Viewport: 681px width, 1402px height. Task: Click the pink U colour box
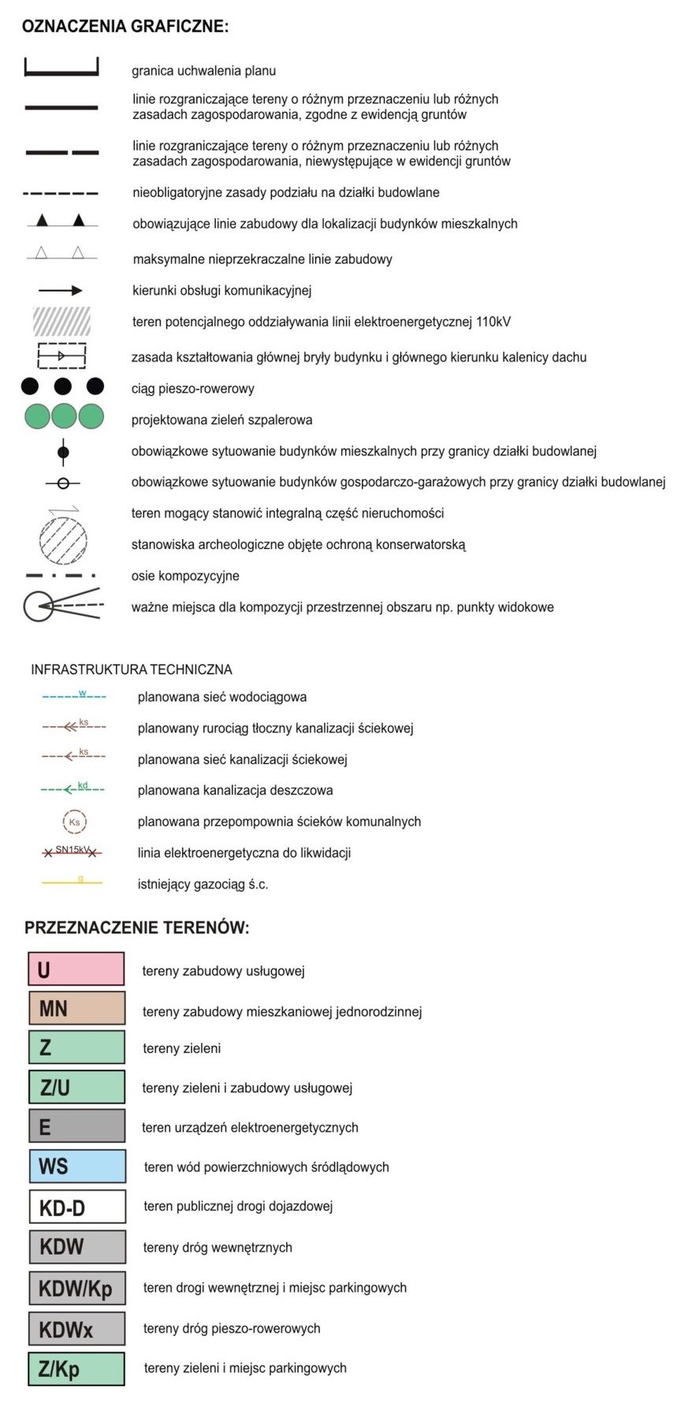click(76, 969)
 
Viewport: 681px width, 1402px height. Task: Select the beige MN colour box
click(76, 1008)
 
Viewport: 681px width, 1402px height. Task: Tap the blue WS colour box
click(76, 1166)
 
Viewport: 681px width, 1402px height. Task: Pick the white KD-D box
click(76, 1206)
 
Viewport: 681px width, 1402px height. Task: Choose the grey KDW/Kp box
click(76, 1288)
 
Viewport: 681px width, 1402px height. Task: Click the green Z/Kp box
click(76, 1368)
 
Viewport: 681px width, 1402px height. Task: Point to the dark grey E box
click(76, 1126)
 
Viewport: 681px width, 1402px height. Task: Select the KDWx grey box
click(76, 1329)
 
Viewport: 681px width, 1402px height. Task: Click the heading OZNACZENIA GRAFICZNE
click(125, 27)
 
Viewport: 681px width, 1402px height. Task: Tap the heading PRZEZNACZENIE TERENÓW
click(136, 928)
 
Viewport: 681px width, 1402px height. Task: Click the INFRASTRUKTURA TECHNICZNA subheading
click(132, 669)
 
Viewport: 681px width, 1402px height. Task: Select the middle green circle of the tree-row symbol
click(64, 416)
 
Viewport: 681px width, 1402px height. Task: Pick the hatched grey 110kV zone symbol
click(61, 321)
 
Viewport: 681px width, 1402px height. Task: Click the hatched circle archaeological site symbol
click(63, 540)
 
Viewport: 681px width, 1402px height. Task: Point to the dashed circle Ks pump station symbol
click(74, 822)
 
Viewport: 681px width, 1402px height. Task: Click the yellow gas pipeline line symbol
click(73, 883)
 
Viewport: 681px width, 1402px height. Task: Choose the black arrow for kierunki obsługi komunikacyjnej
click(61, 291)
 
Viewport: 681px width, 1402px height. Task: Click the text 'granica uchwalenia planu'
click(203, 71)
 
